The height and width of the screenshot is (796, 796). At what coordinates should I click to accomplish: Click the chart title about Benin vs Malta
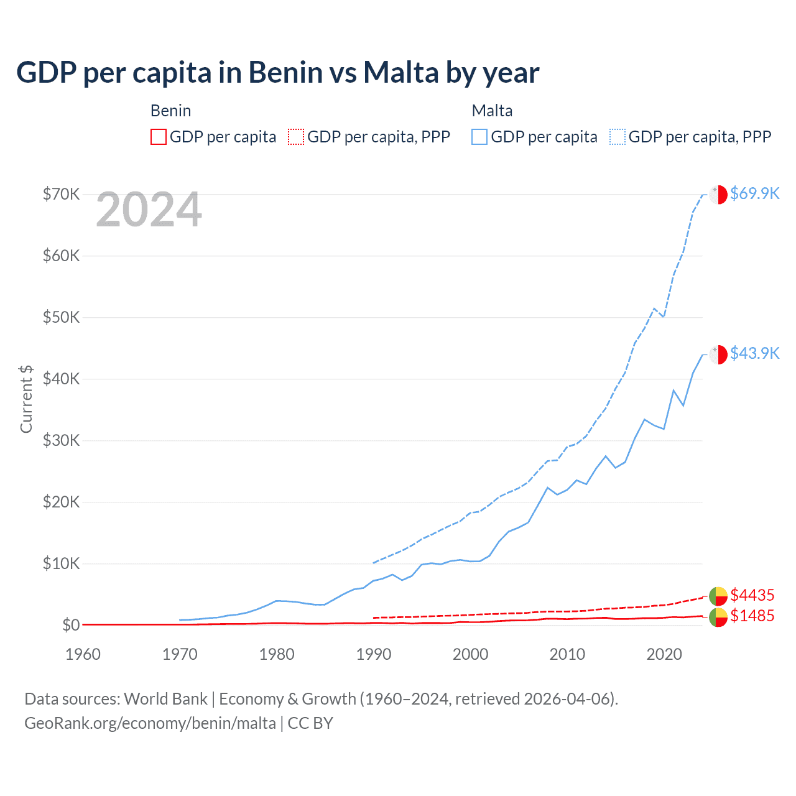coord(277,73)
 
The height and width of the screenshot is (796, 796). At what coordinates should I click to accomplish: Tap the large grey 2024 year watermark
coord(149,210)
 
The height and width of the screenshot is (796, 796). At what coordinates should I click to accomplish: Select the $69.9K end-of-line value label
coord(754,193)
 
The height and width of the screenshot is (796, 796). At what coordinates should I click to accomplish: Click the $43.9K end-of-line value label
coord(754,353)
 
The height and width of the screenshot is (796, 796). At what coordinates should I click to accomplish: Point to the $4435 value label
coord(752,595)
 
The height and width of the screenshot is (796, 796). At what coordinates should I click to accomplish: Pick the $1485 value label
coord(752,616)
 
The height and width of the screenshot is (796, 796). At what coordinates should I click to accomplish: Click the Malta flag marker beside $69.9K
coord(718,194)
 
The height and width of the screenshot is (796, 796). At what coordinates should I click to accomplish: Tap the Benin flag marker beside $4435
coord(718,596)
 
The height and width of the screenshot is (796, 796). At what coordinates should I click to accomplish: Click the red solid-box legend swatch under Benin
coord(159,137)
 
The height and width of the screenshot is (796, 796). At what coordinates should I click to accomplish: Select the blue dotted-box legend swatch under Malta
coord(618,137)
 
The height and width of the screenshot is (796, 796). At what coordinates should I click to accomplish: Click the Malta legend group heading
coord(492,111)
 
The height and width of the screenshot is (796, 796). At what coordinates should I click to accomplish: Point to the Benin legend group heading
coord(170,111)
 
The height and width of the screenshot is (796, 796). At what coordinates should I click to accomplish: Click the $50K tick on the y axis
coord(61,317)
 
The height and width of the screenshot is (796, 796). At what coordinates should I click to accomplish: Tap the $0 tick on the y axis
coord(71,625)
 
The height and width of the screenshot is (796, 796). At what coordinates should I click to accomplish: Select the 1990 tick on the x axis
coord(374,654)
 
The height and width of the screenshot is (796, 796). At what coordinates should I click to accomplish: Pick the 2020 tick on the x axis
coord(664,654)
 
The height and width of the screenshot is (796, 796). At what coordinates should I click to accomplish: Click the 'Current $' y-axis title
coord(26,399)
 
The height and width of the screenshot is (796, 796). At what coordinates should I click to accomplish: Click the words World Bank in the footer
coord(165,699)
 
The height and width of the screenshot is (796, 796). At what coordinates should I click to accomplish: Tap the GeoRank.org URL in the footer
coord(150,723)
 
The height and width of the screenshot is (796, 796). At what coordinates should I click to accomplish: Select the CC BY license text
coord(310,723)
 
